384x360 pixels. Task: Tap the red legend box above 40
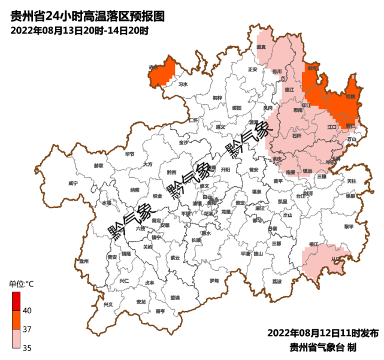(x=16, y=301)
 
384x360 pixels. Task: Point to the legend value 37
(x=28, y=329)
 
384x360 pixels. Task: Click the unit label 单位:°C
(x=21, y=283)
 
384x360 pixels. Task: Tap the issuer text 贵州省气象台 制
(x=323, y=347)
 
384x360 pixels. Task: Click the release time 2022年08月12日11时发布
(x=322, y=333)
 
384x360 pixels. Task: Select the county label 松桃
(x=350, y=96)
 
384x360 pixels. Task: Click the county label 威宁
(x=73, y=183)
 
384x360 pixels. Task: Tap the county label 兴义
(x=108, y=304)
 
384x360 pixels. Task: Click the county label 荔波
(x=276, y=280)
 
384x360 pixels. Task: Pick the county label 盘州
(x=83, y=261)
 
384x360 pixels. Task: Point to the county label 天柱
(x=351, y=180)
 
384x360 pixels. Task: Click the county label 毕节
(x=129, y=154)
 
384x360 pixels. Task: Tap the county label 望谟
(x=174, y=297)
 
